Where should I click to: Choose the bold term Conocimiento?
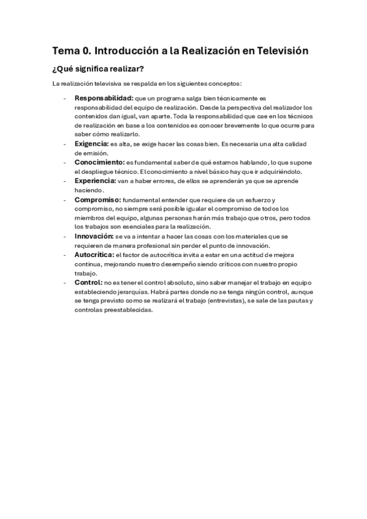click(99, 162)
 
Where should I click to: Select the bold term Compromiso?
click(97, 200)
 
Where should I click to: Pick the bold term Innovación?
click(94, 236)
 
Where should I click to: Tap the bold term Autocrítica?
click(94, 254)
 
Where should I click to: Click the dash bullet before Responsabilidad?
click(65, 98)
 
